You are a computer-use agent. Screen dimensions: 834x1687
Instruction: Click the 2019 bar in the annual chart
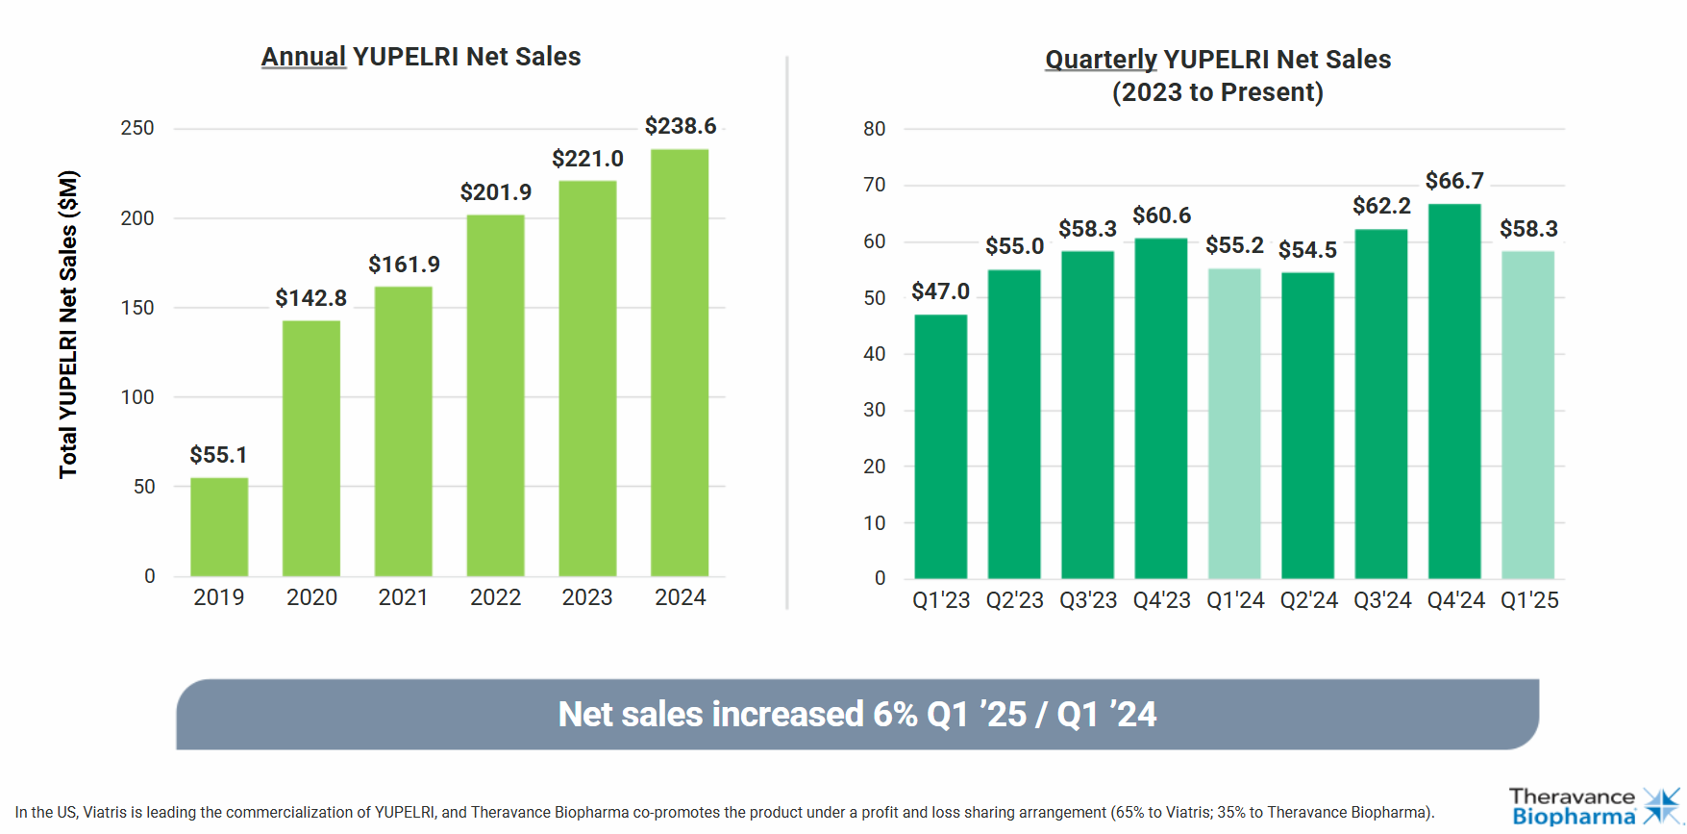[219, 527]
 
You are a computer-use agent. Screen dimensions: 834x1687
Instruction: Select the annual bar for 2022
[495, 395]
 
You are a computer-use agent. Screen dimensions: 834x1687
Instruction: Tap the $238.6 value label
[681, 126]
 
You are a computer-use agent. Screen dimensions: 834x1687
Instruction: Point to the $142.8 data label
[310, 298]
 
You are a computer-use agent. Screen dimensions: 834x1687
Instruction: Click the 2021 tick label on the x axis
[403, 597]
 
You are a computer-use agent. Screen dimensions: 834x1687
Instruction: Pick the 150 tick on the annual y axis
[137, 308]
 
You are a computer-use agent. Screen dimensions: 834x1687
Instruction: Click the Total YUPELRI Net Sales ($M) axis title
[68, 324]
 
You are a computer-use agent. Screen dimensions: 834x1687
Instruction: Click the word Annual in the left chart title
[304, 57]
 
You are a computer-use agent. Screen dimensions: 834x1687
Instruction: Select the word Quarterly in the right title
[1101, 60]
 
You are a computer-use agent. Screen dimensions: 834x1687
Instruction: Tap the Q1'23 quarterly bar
[940, 446]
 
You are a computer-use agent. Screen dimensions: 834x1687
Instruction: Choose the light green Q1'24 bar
[1234, 423]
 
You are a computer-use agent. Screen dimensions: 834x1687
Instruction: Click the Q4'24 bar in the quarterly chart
[1454, 392]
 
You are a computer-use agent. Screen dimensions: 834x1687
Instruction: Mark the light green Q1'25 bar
[1527, 415]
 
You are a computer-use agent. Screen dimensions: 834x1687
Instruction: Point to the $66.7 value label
[1454, 181]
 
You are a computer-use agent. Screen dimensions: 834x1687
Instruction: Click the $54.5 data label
[1307, 250]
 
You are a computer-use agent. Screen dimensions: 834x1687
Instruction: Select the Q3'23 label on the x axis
[1088, 600]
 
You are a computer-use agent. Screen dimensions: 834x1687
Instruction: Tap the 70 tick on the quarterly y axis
[874, 185]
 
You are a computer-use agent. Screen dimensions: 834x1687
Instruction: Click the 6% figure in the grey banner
[894, 715]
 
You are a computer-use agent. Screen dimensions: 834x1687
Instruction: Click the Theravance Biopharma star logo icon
[1662, 806]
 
